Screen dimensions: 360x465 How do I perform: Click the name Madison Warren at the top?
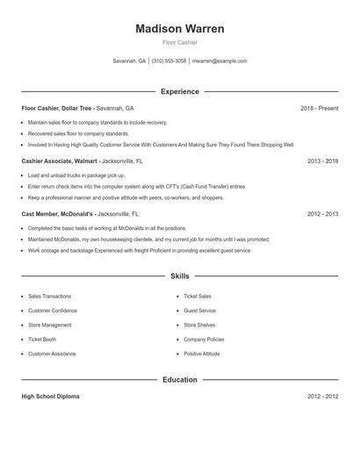(x=180, y=29)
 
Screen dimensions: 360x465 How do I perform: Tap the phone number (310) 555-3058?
(x=169, y=61)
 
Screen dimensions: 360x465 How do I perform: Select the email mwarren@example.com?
(x=220, y=61)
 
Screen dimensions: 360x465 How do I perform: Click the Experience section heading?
(x=180, y=91)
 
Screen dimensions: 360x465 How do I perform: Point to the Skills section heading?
(x=180, y=275)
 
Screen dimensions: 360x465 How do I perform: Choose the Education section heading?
(x=180, y=380)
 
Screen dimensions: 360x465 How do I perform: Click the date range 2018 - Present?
(x=319, y=108)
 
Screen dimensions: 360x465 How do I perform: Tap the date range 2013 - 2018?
(x=322, y=161)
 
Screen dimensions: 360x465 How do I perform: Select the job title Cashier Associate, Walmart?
(x=59, y=161)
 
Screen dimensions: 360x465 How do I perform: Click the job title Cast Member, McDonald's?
(x=59, y=214)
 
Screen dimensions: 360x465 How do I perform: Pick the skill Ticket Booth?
(x=42, y=339)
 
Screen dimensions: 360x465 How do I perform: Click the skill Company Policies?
(x=204, y=339)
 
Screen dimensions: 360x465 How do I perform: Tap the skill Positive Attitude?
(x=202, y=354)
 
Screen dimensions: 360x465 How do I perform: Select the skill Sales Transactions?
(x=50, y=297)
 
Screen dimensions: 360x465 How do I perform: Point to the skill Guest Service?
(x=199, y=311)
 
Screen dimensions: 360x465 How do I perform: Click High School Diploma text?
(x=50, y=397)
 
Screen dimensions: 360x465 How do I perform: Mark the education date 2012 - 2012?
(x=322, y=397)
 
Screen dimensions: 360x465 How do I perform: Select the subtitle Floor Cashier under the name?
(x=180, y=42)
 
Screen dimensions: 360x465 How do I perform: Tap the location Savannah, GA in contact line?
(x=130, y=61)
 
